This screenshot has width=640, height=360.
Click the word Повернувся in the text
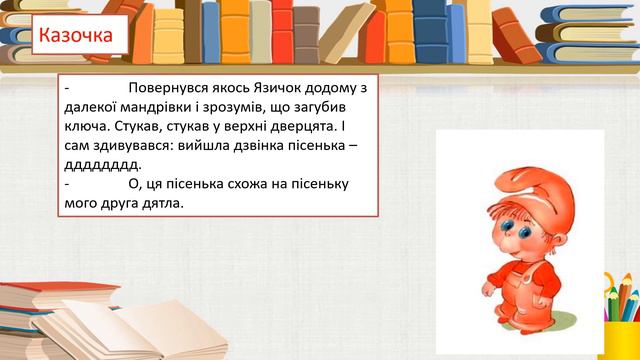[x=171, y=87]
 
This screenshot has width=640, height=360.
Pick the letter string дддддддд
[x=102, y=165]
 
